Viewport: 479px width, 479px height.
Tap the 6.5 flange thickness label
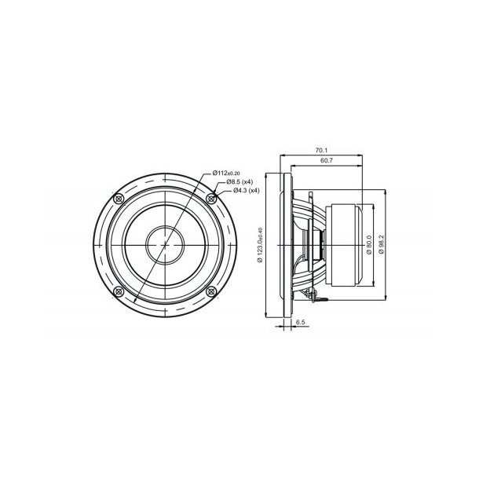click(x=302, y=322)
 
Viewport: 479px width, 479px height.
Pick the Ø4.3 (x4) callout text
click(x=243, y=190)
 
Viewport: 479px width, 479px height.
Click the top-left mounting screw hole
click(x=118, y=198)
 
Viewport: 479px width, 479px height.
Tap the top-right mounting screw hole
click(x=210, y=198)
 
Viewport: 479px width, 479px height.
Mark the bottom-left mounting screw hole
click(x=118, y=291)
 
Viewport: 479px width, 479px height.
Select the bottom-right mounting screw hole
click(x=210, y=291)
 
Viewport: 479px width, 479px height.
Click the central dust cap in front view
click(x=164, y=244)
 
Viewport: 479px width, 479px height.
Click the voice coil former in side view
click(x=321, y=243)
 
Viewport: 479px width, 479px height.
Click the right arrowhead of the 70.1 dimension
click(x=372, y=156)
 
